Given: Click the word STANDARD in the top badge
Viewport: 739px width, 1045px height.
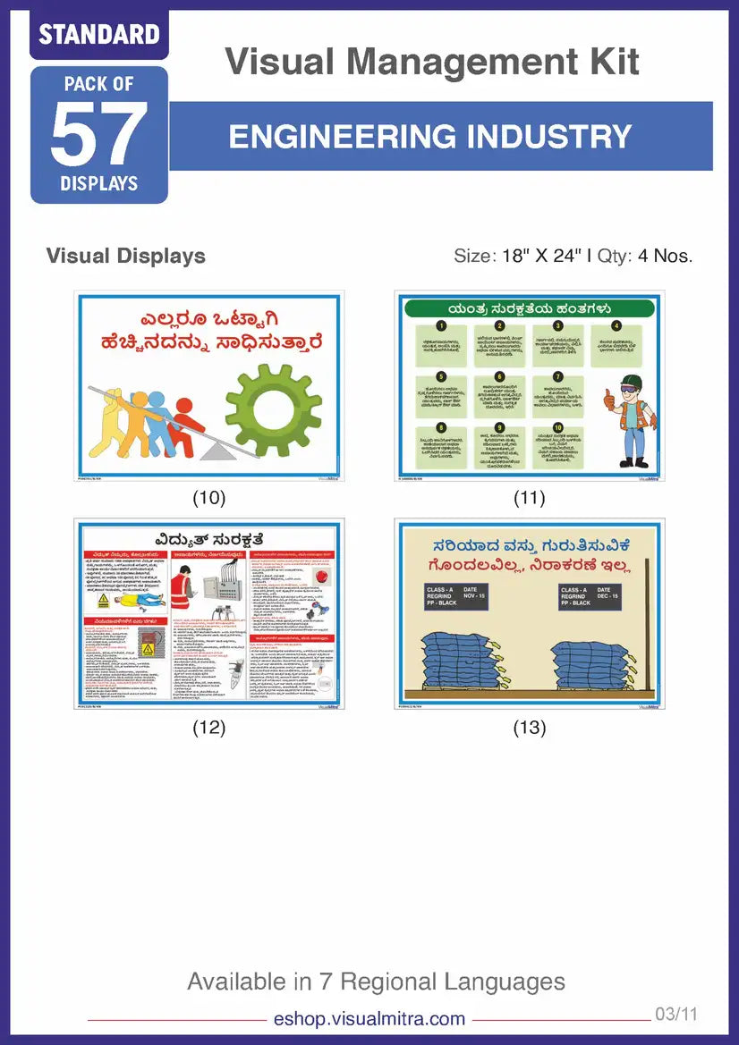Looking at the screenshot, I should coord(98,35).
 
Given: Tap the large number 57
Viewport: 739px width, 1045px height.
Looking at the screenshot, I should coord(99,135).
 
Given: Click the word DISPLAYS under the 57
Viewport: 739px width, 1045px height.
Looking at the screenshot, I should coord(99,184).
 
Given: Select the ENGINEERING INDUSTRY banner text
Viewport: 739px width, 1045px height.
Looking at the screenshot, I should coord(430,136).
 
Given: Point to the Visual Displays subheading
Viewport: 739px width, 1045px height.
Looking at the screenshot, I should coord(125,256).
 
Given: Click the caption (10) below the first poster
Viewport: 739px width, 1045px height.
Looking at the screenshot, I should coord(209,498).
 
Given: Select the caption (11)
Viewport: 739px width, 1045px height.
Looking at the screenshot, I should coord(529,498).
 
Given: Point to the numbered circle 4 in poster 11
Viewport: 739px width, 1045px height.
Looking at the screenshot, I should coord(616,326).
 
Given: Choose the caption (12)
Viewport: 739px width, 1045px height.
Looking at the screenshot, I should coord(209,728).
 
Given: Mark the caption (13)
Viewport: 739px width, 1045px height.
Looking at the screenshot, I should coord(529,728).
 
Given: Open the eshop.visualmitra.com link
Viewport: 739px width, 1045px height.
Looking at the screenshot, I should coord(369,1018).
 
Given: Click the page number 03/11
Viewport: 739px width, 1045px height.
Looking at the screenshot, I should coord(675,1015).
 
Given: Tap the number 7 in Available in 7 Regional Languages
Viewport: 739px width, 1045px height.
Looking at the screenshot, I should coord(326,982).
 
